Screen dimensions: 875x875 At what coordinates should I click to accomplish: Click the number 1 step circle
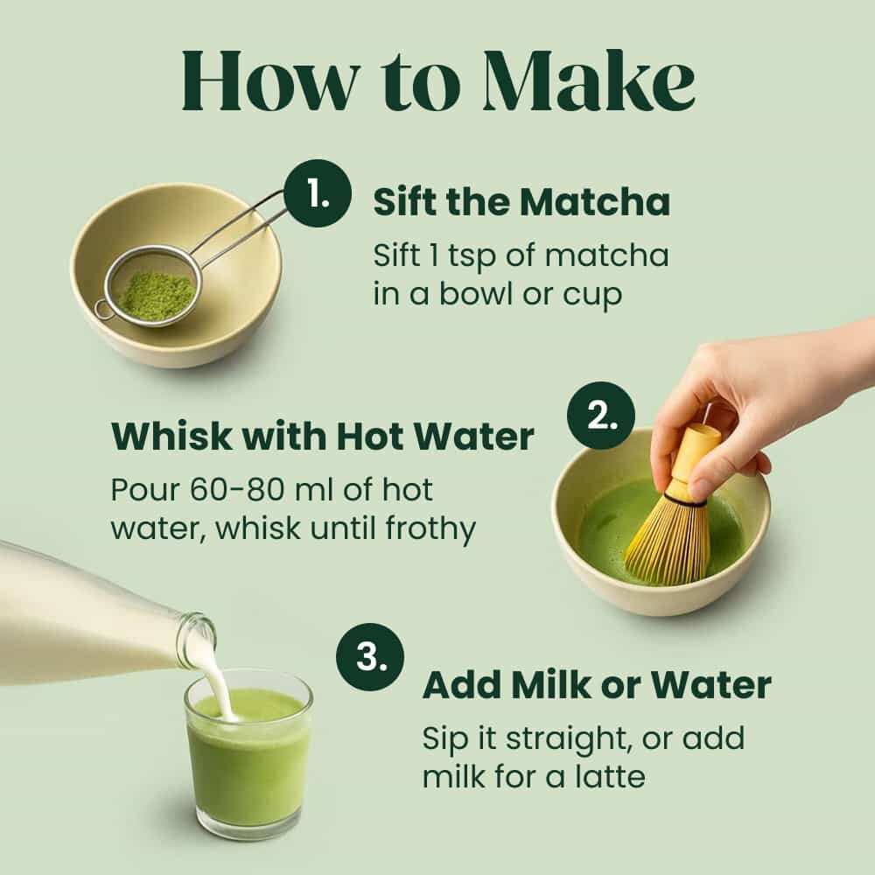pos(317,193)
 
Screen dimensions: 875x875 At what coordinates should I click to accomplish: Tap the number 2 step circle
pos(600,416)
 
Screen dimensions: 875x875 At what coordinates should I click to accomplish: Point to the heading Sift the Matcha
pos(521,202)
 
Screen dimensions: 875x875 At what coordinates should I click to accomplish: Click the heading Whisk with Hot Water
pos(322,437)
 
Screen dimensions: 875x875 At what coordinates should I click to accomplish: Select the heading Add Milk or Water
pos(597,685)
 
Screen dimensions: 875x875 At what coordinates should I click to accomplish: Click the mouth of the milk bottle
pos(198,639)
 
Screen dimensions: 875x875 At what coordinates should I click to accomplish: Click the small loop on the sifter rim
pos(103,309)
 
